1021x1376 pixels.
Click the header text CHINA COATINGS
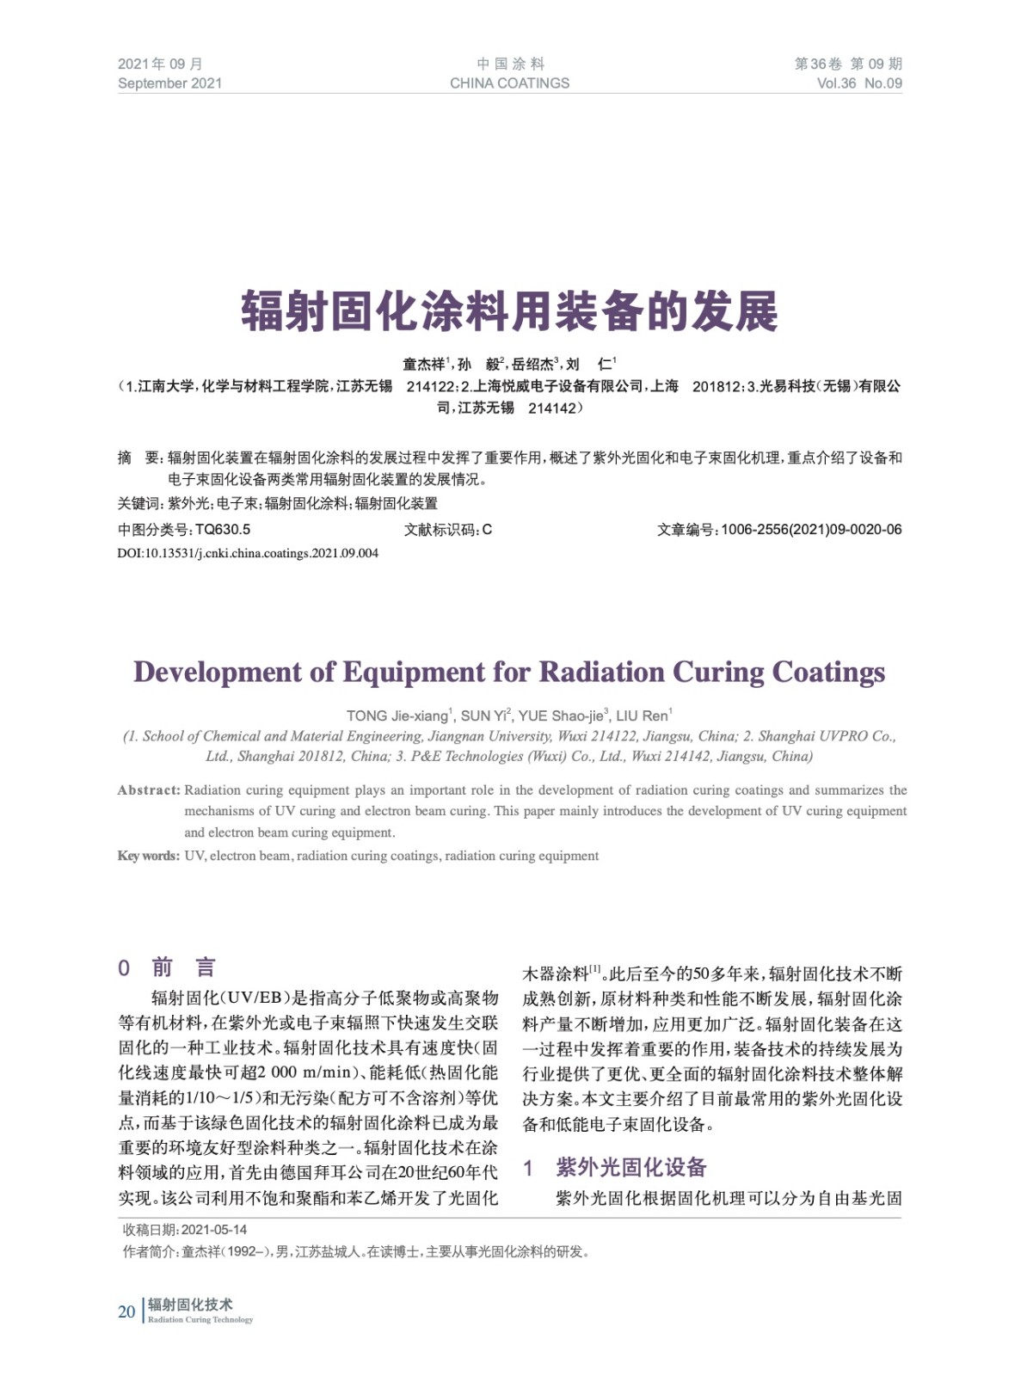click(x=509, y=83)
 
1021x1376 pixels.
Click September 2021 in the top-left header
click(x=169, y=83)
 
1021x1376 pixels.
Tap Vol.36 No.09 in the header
click(x=858, y=83)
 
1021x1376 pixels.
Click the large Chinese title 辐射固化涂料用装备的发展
click(x=509, y=311)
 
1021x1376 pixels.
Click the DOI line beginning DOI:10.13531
click(x=248, y=553)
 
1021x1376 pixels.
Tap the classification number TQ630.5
click(x=223, y=530)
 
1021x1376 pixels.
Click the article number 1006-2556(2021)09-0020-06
click(x=811, y=530)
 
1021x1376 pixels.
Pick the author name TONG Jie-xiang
click(x=398, y=716)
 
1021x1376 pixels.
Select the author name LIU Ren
click(x=642, y=716)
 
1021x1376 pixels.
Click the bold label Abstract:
click(x=149, y=790)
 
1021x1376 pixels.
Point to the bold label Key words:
click(x=148, y=856)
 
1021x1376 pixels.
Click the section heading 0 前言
click(x=168, y=967)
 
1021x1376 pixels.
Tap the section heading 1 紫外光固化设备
click(x=615, y=1167)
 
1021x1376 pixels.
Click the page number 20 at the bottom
click(x=126, y=1311)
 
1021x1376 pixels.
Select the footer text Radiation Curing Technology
click(x=200, y=1320)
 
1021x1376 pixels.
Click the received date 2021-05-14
click(x=214, y=1230)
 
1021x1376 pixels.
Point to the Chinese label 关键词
click(x=138, y=503)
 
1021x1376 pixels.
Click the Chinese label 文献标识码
click(x=441, y=530)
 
